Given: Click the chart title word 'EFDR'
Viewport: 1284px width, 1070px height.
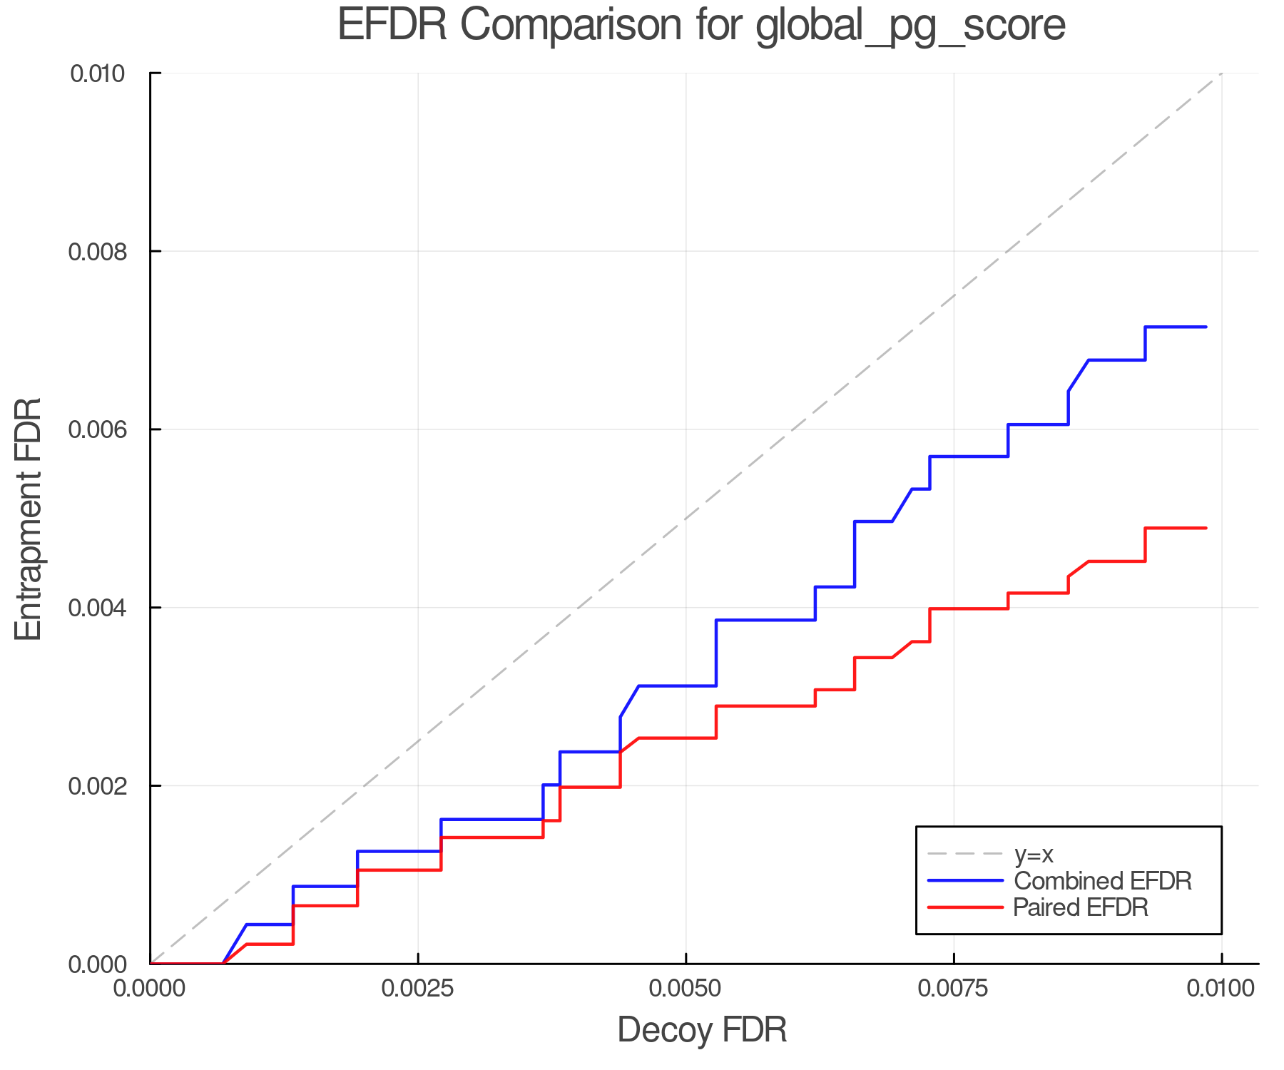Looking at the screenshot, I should coord(392,25).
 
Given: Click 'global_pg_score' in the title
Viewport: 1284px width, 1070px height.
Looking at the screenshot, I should coord(910,25).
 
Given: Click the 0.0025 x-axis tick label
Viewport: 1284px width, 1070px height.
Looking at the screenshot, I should coord(417,988).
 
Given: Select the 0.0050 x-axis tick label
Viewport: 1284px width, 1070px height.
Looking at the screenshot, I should coord(686,988).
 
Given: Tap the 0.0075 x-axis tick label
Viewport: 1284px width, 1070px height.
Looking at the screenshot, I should coord(954,988).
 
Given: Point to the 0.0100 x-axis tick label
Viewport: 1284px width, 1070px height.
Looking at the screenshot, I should coord(1221,988).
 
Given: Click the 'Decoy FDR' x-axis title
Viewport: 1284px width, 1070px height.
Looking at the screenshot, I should coord(702,1030).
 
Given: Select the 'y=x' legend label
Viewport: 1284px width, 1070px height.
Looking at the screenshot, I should coord(1034,854).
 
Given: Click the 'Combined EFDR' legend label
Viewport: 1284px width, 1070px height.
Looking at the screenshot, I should coord(1102,881).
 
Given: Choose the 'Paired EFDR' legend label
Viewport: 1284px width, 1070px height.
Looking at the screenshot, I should coord(1081,907).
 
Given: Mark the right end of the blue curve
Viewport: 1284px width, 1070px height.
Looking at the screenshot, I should coord(1206,327).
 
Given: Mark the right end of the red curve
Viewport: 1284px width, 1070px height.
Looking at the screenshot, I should coord(1206,528).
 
